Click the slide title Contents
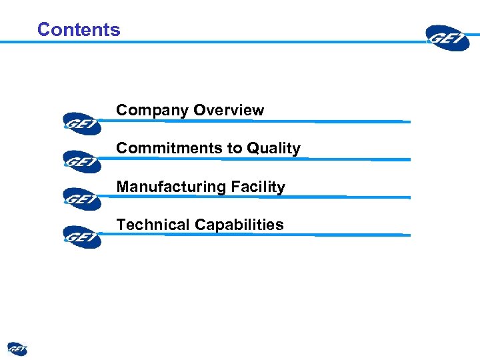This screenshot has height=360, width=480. click(79, 29)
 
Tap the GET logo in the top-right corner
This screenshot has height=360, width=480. click(449, 37)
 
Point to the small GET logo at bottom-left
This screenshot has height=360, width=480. click(17, 349)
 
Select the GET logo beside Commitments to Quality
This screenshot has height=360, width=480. click(82, 161)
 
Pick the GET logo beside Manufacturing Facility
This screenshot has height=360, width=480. click(82, 199)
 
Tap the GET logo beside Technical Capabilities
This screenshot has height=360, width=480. click(82, 237)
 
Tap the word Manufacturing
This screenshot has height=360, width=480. click(171, 187)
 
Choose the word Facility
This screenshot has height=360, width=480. click(258, 187)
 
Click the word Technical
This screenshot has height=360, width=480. click(153, 225)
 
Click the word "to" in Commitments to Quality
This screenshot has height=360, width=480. click(233, 149)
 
